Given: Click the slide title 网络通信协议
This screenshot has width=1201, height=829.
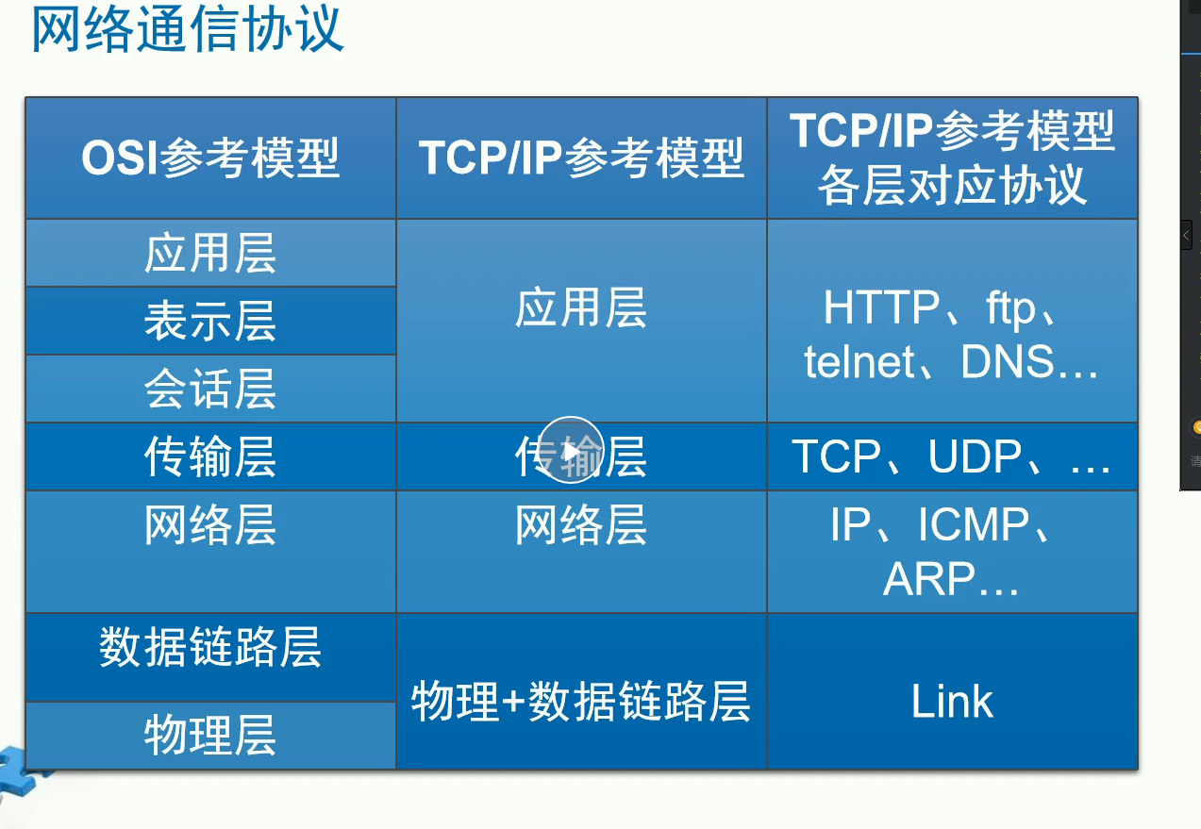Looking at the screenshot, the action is (x=187, y=29).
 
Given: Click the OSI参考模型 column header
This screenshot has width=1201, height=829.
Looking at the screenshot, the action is (x=210, y=158).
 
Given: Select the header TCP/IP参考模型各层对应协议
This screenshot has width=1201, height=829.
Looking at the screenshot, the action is (x=952, y=158).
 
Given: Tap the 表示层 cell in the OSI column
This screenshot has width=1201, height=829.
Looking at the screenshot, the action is (x=210, y=321).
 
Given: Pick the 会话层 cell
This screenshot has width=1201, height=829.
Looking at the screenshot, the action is (x=210, y=389).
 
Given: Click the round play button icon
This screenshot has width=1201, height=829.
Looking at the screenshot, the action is (x=571, y=450).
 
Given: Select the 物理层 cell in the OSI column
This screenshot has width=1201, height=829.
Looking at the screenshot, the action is (x=210, y=735).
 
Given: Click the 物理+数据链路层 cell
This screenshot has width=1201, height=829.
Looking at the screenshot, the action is (x=580, y=701).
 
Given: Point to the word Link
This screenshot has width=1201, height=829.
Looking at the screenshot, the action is (x=952, y=701).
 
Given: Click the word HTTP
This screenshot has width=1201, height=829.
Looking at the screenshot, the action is (x=881, y=307).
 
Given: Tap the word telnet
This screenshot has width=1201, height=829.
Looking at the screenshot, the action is (x=859, y=362).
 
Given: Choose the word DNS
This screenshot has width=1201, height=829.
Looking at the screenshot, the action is (x=1008, y=362).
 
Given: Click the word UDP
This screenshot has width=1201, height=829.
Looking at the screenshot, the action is (x=975, y=456).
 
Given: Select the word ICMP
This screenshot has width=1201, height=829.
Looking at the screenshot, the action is (x=974, y=524).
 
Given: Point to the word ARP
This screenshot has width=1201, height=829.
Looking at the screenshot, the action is (x=929, y=579).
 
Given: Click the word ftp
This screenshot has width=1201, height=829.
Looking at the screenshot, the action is (x=1010, y=307).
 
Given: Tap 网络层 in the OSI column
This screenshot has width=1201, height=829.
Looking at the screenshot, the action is (x=210, y=524).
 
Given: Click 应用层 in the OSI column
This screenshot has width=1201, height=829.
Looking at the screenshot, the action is (x=210, y=253).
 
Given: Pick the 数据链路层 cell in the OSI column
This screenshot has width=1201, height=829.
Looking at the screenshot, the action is (x=210, y=647).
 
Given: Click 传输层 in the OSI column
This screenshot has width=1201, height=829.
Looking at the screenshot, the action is (x=210, y=456).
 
